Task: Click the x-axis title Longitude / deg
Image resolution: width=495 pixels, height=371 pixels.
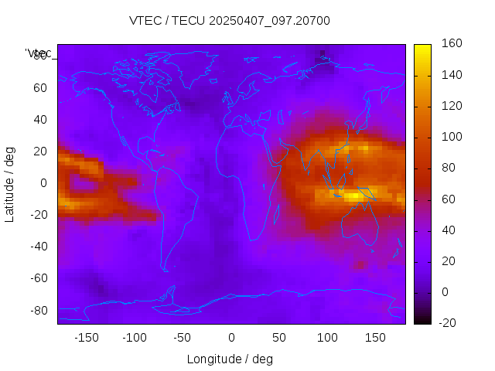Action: pyautogui.click(x=230, y=359)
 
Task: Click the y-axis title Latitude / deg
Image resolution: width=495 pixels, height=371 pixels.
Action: pyautogui.click(x=10, y=183)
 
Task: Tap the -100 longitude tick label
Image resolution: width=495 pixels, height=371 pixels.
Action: pyautogui.click(x=135, y=338)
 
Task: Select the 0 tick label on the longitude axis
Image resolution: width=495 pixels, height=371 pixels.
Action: pyautogui.click(x=231, y=338)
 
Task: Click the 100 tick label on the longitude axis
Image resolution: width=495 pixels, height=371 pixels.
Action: pyautogui.click(x=327, y=338)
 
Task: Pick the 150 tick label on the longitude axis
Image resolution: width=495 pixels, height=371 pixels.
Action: pyautogui.click(x=375, y=338)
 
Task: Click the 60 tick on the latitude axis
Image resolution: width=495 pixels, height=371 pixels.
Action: pyautogui.click(x=39, y=88)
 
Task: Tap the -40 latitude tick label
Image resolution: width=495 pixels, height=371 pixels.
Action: pyautogui.click(x=37, y=247)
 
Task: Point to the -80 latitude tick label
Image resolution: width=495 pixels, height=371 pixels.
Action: pyautogui.click(x=37, y=310)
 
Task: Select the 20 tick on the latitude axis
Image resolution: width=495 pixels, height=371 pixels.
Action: pyautogui.click(x=39, y=151)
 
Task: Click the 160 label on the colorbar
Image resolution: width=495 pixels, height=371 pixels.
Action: pyautogui.click(x=452, y=44)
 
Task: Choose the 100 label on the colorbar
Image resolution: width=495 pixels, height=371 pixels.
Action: pyautogui.click(x=452, y=137)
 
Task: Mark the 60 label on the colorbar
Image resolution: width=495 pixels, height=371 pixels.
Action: pyautogui.click(x=449, y=199)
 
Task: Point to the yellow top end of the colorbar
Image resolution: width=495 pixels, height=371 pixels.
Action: pyautogui.click(x=422, y=48)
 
